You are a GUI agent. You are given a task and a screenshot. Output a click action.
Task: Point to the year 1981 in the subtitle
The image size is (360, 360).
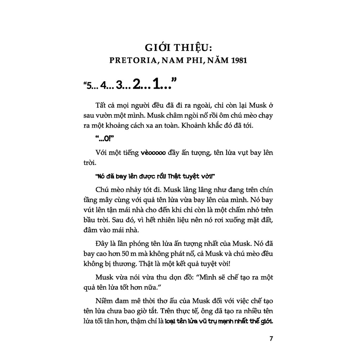pyautogui.click(x=239, y=60)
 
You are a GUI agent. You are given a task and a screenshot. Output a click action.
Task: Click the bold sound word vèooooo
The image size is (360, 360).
pyautogui.click(x=155, y=153)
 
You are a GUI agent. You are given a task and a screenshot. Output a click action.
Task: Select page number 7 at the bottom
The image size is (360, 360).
pyautogui.click(x=271, y=339)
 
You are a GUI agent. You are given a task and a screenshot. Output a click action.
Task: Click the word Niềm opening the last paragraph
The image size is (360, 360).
pyautogui.click(x=104, y=301)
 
